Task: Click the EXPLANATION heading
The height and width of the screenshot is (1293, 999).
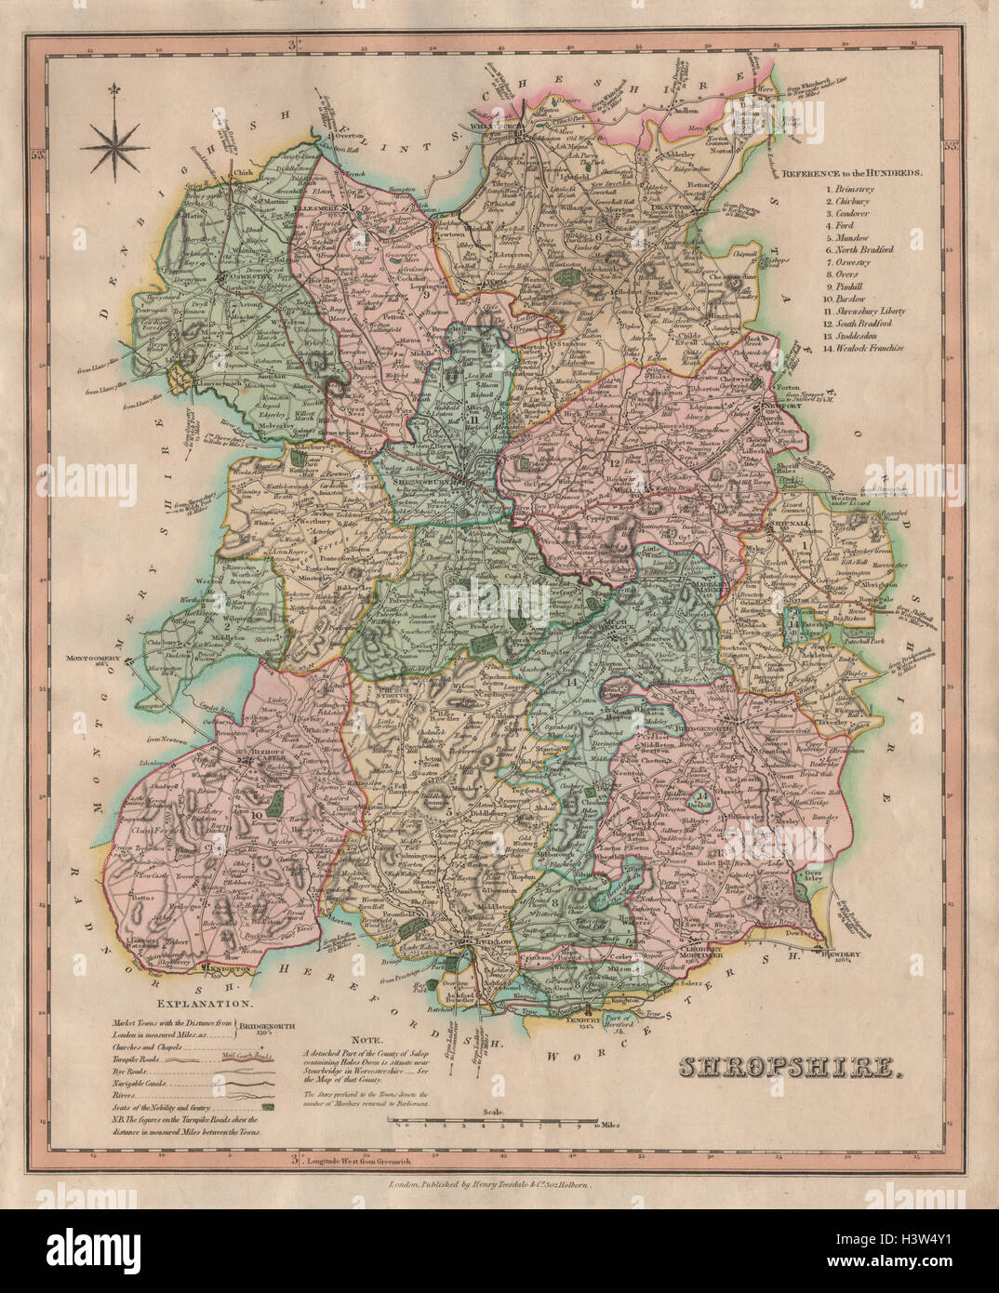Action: pos(205,1004)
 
